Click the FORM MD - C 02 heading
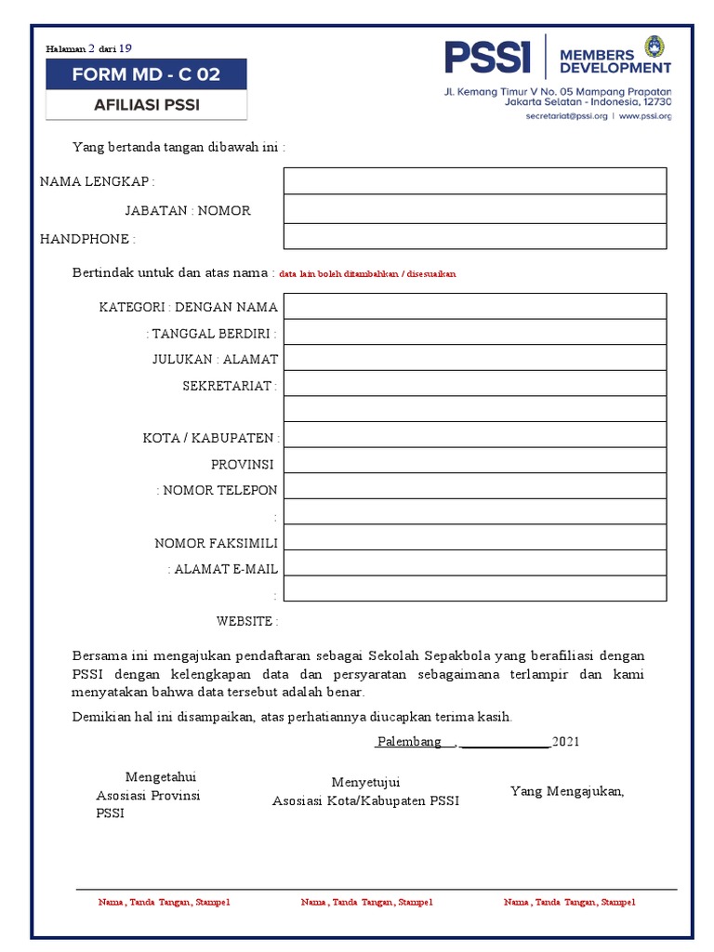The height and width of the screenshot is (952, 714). pyautogui.click(x=146, y=74)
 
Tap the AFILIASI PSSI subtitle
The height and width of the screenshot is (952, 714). pyautogui.click(x=146, y=105)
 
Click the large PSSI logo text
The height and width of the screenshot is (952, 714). pyautogui.click(x=487, y=58)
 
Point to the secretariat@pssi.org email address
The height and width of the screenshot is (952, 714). pyautogui.click(x=566, y=116)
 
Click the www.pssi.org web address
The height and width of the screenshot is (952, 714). pyautogui.click(x=644, y=116)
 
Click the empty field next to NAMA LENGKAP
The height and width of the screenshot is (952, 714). pyautogui.click(x=474, y=180)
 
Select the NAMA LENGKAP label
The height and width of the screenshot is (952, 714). pyautogui.click(x=97, y=181)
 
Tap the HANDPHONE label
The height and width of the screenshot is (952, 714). pyautogui.click(x=87, y=239)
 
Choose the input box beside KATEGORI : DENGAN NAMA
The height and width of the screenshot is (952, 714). pyautogui.click(x=474, y=306)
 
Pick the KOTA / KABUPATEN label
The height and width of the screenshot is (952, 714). pyautogui.click(x=211, y=438)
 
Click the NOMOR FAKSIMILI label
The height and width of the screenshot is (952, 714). pyautogui.click(x=216, y=543)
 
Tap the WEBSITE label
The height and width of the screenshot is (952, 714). pyautogui.click(x=246, y=621)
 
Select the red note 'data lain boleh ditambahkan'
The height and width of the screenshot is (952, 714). pyautogui.click(x=367, y=274)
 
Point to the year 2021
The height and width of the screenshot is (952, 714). pyautogui.click(x=565, y=742)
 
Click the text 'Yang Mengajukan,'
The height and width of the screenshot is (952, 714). pyautogui.click(x=567, y=791)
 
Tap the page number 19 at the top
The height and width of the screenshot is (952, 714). pyautogui.click(x=126, y=47)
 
